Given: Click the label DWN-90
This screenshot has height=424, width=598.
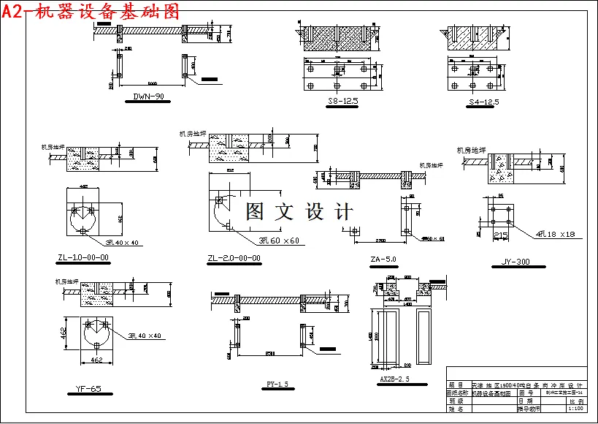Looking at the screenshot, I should (x=148, y=96).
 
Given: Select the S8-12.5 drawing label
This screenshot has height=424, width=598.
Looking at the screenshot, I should (x=343, y=102).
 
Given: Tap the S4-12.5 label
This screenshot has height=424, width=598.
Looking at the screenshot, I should (x=484, y=102).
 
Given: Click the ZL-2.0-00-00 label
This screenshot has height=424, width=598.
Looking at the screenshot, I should (x=234, y=258).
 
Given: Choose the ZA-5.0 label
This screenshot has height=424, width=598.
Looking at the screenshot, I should (x=383, y=260).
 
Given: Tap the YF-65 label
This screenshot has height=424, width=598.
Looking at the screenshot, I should (x=88, y=389).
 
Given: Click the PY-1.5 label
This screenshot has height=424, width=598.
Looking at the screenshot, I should (x=277, y=384).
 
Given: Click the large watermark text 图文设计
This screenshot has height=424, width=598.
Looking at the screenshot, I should (x=299, y=212).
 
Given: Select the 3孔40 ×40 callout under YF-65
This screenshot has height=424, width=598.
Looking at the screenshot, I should (x=145, y=336).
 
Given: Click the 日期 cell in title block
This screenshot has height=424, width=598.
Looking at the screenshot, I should (x=525, y=401).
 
